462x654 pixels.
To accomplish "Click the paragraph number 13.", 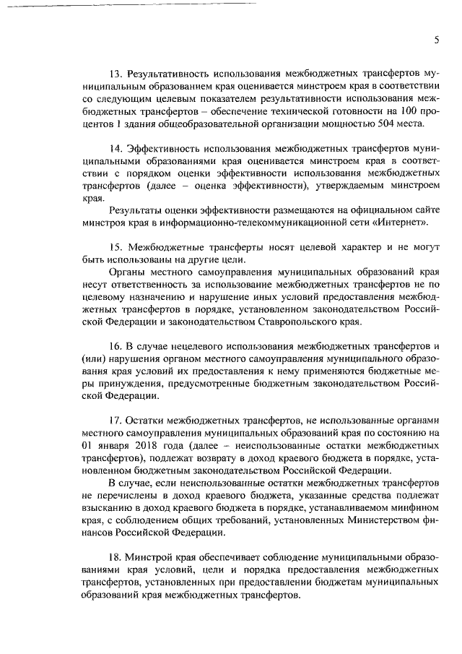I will pos(115,74).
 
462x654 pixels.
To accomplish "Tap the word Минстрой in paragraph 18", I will pos(148,558).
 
